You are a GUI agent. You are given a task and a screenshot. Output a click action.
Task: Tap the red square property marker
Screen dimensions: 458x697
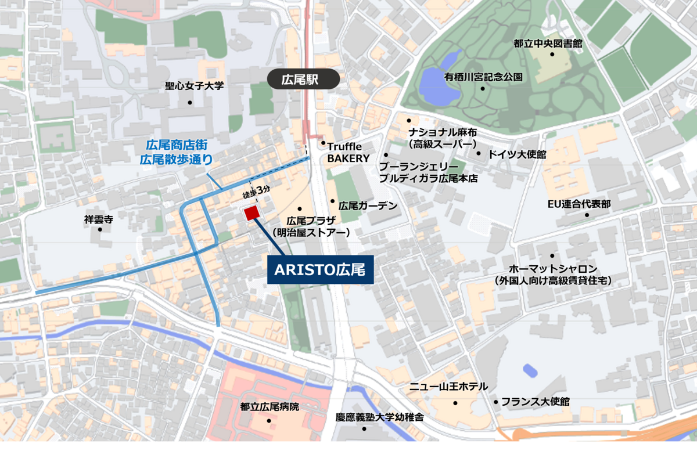(251, 214)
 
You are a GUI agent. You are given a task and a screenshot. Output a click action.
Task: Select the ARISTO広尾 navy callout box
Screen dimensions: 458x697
(320, 270)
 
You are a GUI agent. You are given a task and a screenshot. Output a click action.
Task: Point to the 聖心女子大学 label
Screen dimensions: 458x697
(194, 86)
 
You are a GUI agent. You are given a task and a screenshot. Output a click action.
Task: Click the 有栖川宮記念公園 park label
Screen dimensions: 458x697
(483, 77)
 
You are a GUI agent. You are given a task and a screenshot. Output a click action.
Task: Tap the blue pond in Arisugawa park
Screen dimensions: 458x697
(439, 81)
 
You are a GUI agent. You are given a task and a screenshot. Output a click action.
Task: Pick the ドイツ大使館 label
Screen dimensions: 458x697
(517, 154)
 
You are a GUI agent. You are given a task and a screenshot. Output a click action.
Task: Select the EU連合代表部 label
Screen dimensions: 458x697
(579, 204)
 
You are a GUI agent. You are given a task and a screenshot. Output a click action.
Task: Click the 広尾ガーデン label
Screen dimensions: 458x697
(368, 205)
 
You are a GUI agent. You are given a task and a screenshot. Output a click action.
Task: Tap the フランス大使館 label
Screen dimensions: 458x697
(535, 401)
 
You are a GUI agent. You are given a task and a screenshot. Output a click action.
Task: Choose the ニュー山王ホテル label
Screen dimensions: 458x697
(448, 387)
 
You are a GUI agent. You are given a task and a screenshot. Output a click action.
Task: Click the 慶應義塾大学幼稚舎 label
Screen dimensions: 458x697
(380, 417)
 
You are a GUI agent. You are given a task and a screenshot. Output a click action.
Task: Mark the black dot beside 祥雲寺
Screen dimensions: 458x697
(100, 229)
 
